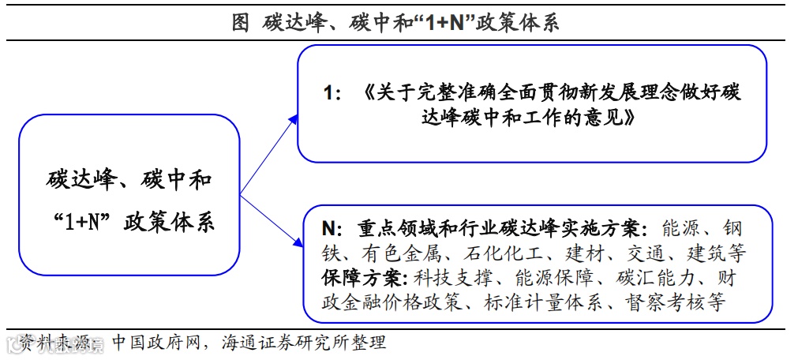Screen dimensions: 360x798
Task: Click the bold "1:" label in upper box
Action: (332, 93)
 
